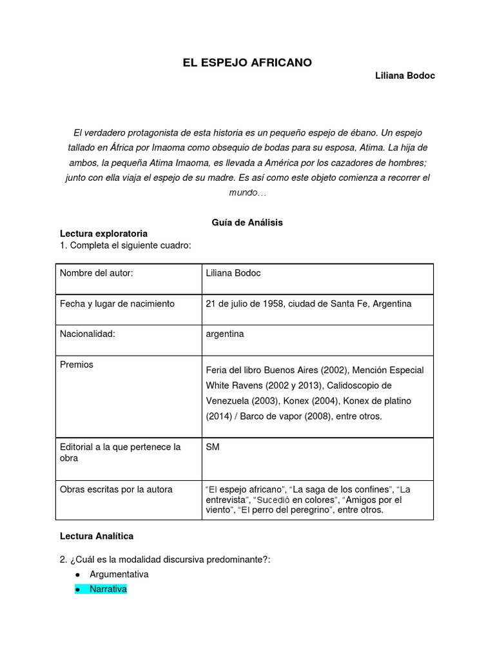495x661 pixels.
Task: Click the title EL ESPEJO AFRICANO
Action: pos(247,62)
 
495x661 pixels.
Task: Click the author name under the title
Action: pos(405,76)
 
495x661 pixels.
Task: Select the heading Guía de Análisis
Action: pos(247,222)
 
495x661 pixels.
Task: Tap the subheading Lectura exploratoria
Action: pos(104,233)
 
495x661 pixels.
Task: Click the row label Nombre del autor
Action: pos(97,273)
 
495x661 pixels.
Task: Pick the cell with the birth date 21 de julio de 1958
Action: pos(308,303)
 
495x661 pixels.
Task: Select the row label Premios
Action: pos(77,364)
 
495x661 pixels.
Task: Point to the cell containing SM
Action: pos(213,447)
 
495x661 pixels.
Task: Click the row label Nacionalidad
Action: pos(88,334)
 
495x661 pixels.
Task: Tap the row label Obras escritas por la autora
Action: pos(116,489)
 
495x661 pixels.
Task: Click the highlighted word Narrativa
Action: pos(108,589)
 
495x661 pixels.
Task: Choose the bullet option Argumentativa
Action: pos(119,574)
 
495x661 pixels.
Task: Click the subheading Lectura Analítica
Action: pos(97,536)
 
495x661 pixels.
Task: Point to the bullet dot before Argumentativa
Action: pos(77,575)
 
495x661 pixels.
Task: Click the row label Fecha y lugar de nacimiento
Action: pos(117,303)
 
